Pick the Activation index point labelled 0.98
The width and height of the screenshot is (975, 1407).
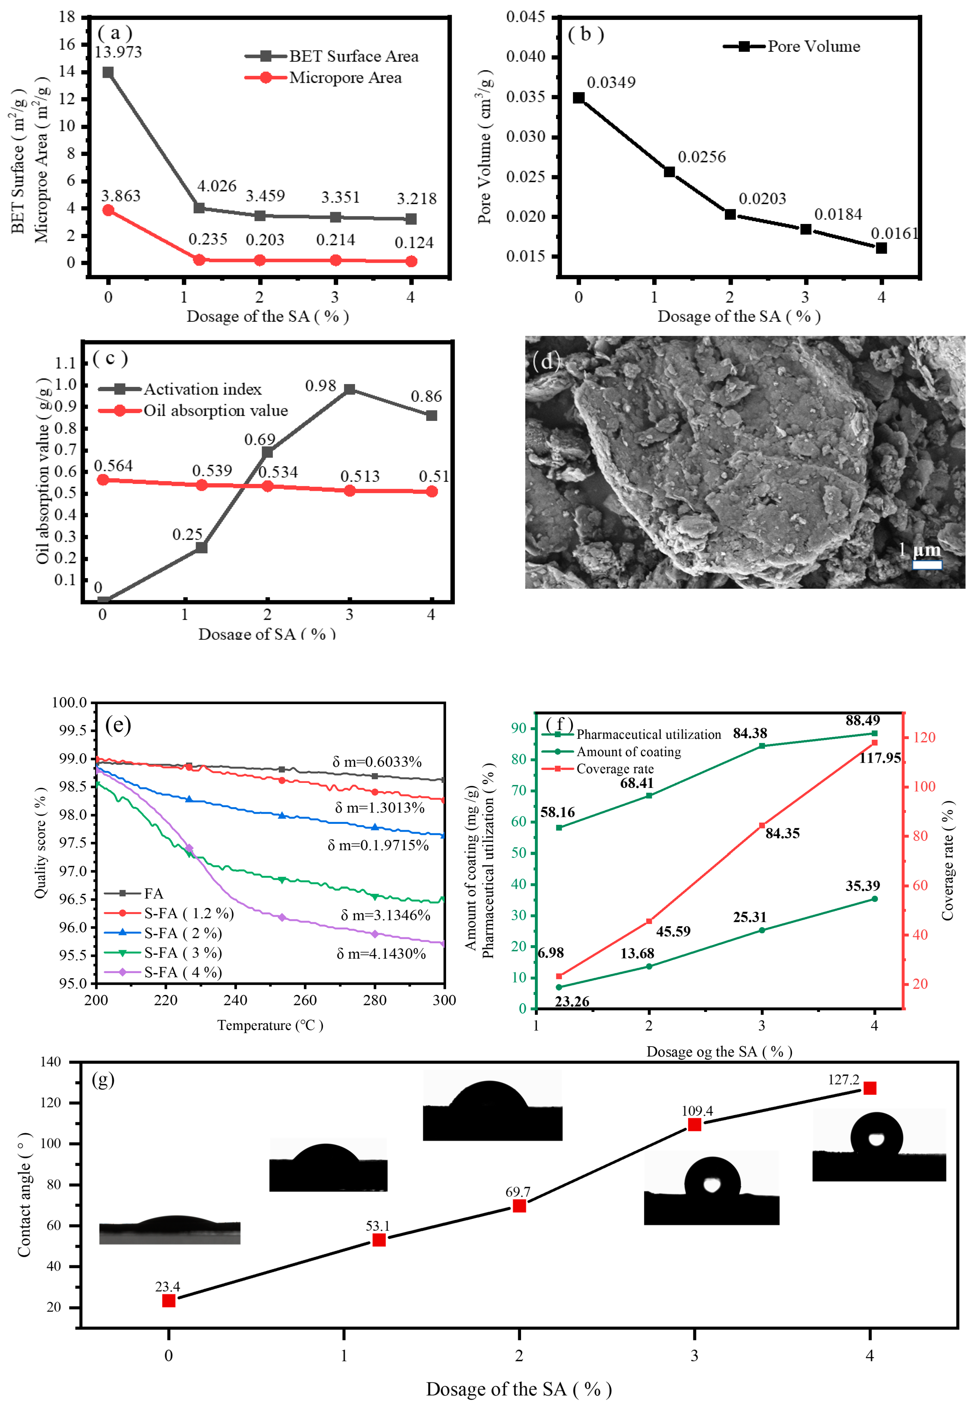pos(349,389)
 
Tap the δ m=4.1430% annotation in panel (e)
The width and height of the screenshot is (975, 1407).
pos(381,954)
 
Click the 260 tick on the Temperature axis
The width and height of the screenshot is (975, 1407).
pos(305,1000)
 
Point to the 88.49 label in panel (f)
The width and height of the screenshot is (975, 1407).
pos(863,720)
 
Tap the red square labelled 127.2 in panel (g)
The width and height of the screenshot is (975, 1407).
pos(869,1088)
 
